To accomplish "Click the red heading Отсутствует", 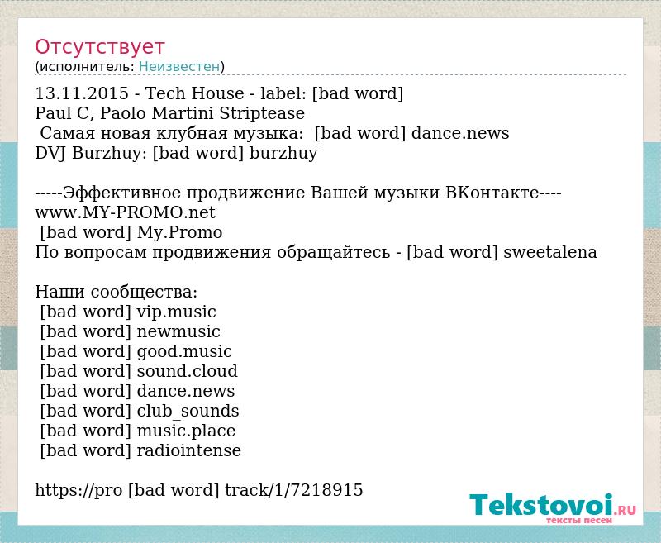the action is pos(99,46).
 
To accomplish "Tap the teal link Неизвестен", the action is pos(179,67).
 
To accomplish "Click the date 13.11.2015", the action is pos(82,93).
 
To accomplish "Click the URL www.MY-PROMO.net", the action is pos(126,212).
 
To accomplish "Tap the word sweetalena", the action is pos(550,252).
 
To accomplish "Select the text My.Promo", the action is pos(180,233).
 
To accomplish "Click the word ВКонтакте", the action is pos(492,193).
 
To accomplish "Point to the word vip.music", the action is pos(177,312).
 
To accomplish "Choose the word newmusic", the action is pos(178,331).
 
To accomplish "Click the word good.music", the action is pos(184,351).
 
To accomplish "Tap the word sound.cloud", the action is pos(188,371).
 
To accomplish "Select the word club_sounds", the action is pos(188,411).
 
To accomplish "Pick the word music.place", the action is pos(187,431).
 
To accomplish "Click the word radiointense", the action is pos(189,450).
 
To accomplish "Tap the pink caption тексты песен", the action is pos(579,520).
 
